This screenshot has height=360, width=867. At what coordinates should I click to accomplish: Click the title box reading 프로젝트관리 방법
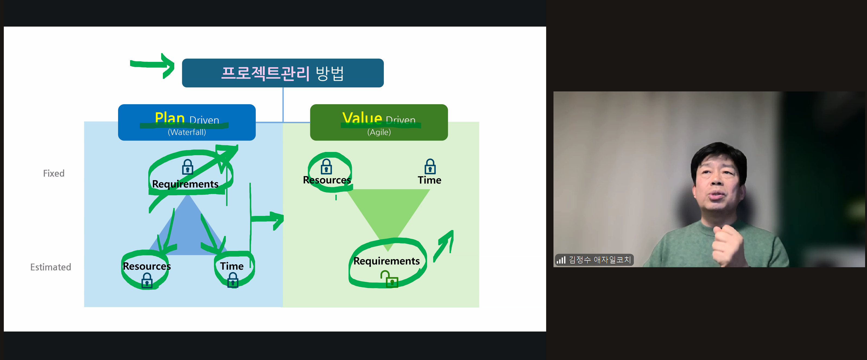coord(283,73)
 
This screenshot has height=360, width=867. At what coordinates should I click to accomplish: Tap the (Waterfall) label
coord(187,132)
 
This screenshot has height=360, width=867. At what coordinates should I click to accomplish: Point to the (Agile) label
coord(379,132)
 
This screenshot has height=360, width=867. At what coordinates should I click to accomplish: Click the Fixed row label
coord(54,173)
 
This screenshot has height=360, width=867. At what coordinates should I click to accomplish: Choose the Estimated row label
coord(51,267)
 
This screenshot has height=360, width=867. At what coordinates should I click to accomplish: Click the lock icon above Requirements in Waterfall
coord(188,167)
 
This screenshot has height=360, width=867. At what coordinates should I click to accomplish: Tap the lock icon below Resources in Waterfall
coord(147,280)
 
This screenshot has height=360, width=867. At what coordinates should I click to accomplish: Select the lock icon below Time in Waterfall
coord(233,280)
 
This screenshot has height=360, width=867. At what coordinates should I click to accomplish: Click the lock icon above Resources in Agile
coord(326,167)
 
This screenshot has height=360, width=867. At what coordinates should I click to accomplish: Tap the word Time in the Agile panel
coord(429,180)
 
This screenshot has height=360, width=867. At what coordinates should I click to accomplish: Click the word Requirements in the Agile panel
coord(386,261)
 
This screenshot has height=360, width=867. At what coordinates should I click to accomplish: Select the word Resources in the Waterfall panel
coord(147,266)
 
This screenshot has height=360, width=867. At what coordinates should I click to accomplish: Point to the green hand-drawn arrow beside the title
coord(152,65)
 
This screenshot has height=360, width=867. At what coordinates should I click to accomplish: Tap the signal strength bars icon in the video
coord(561,260)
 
